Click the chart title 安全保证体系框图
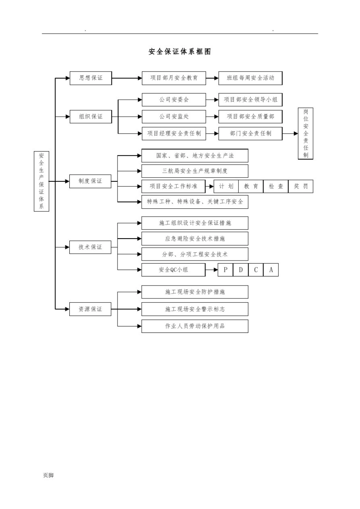180,52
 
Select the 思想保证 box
91,78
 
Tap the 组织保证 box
91,117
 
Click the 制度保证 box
90,181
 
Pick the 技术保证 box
90,247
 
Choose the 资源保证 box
90,309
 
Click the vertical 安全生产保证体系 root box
41,181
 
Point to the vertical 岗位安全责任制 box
305,133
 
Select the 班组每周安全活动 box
250,78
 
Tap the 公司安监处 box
174,117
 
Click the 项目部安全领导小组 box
250,100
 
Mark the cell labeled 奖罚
301,186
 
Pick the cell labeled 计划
226,186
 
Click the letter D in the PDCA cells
241,270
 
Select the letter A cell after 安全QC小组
271,270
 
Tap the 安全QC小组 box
173,270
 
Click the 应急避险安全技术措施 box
195,239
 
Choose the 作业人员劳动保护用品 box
195,326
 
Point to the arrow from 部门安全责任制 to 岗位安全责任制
290,133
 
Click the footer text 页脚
48,475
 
